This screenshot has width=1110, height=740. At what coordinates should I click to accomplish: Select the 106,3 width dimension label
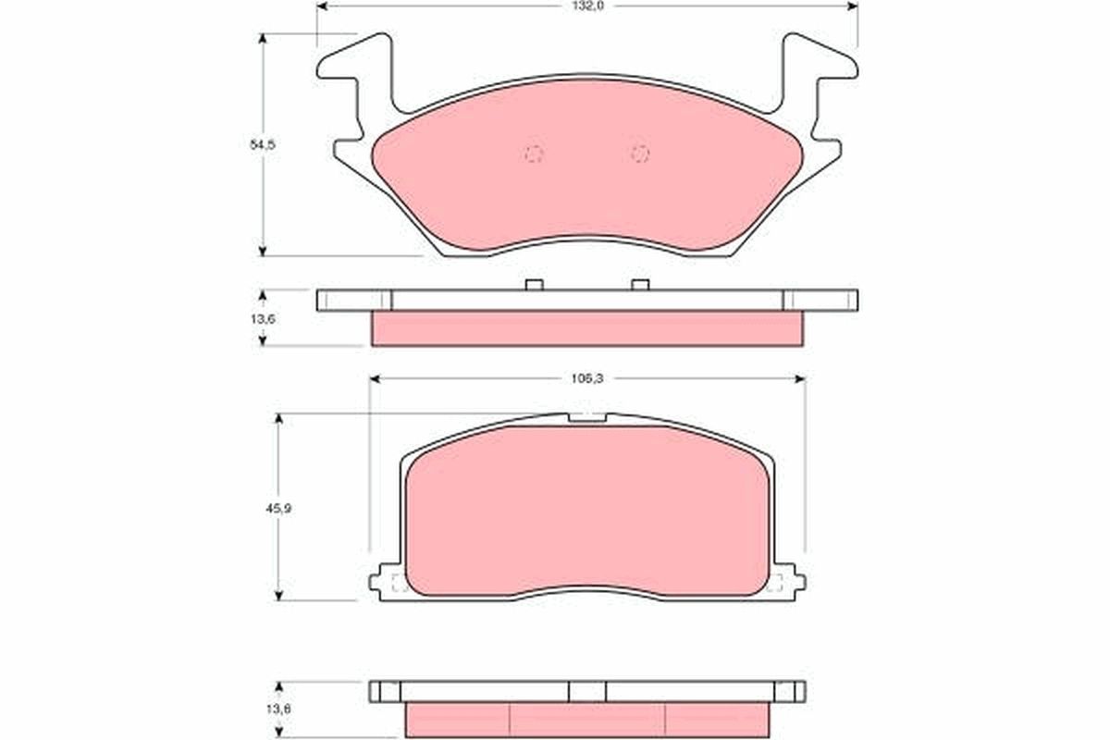coord(586,378)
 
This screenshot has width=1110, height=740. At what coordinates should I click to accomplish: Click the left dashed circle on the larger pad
coord(534,154)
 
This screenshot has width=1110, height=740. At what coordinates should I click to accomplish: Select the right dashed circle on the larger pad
coord(640,154)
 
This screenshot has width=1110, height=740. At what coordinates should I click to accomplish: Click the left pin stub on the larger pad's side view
coord(533,284)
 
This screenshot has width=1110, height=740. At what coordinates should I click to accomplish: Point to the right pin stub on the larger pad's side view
coord(640,284)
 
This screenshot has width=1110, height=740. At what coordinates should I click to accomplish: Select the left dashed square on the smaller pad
coord(400,582)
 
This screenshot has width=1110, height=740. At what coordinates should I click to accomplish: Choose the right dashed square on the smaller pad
coord(774,582)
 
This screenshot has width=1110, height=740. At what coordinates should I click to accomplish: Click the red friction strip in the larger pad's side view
coord(586,328)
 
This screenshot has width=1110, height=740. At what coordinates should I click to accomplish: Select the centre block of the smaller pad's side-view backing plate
coord(587,691)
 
